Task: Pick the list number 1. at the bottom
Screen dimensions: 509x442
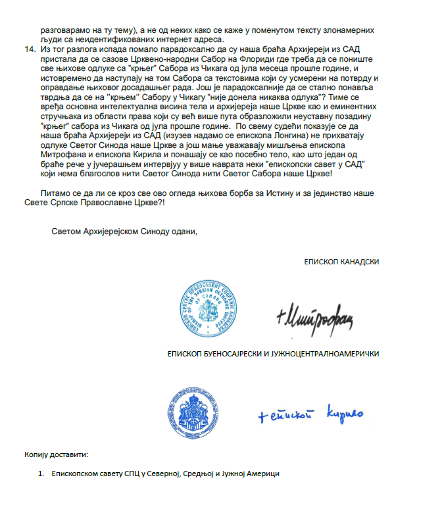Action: [41, 474]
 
